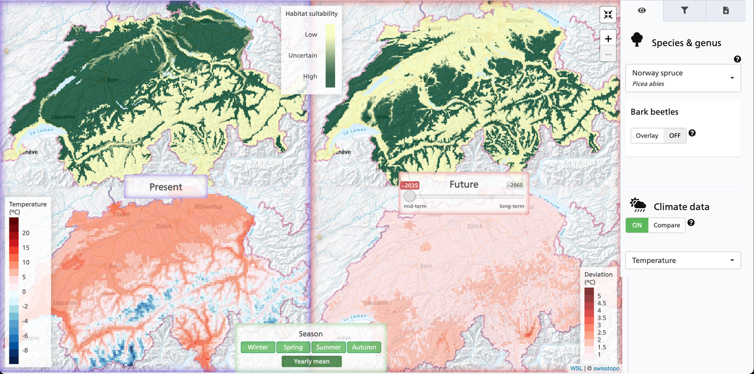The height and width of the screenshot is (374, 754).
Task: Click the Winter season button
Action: point(258,347)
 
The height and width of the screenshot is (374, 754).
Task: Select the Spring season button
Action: point(293,347)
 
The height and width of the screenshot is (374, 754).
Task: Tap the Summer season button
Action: point(328,347)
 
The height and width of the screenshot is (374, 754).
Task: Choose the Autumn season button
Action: point(364,347)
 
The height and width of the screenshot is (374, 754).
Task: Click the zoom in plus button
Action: point(608,39)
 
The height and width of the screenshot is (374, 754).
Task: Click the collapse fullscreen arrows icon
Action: point(608,15)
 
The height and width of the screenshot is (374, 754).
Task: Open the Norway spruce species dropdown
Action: point(683,78)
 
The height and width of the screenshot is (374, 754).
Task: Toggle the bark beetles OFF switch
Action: point(674,136)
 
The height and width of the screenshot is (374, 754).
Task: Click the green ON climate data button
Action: point(637,225)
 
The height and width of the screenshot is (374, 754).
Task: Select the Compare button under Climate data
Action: point(666,225)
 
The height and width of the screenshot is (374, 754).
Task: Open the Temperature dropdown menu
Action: point(683,260)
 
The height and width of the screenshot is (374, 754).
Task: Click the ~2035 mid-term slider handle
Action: point(410,196)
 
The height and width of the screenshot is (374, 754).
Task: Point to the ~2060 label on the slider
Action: point(515,186)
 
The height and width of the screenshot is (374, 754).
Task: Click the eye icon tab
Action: point(642,10)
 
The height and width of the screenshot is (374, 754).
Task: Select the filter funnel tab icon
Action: point(684,10)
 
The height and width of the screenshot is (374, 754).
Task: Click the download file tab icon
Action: point(726,10)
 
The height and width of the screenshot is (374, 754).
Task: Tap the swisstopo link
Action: point(606,368)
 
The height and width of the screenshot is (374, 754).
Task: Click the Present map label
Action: point(166,187)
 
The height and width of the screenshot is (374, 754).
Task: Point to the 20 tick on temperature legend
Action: point(25,233)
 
